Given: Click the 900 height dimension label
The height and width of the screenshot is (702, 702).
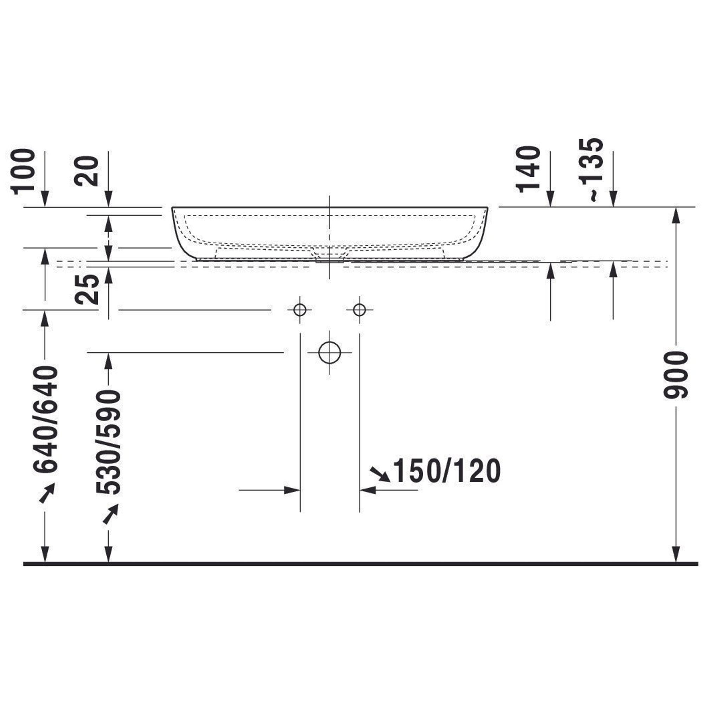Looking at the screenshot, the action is [675, 375].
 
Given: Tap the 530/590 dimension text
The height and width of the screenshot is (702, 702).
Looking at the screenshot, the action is [108, 442].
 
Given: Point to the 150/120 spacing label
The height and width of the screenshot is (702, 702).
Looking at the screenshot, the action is [446, 471].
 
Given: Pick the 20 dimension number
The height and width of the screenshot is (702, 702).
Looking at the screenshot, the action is [87, 171].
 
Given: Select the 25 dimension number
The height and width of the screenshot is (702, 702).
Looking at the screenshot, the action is [87, 289].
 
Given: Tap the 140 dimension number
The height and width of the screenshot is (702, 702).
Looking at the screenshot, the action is [528, 169].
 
